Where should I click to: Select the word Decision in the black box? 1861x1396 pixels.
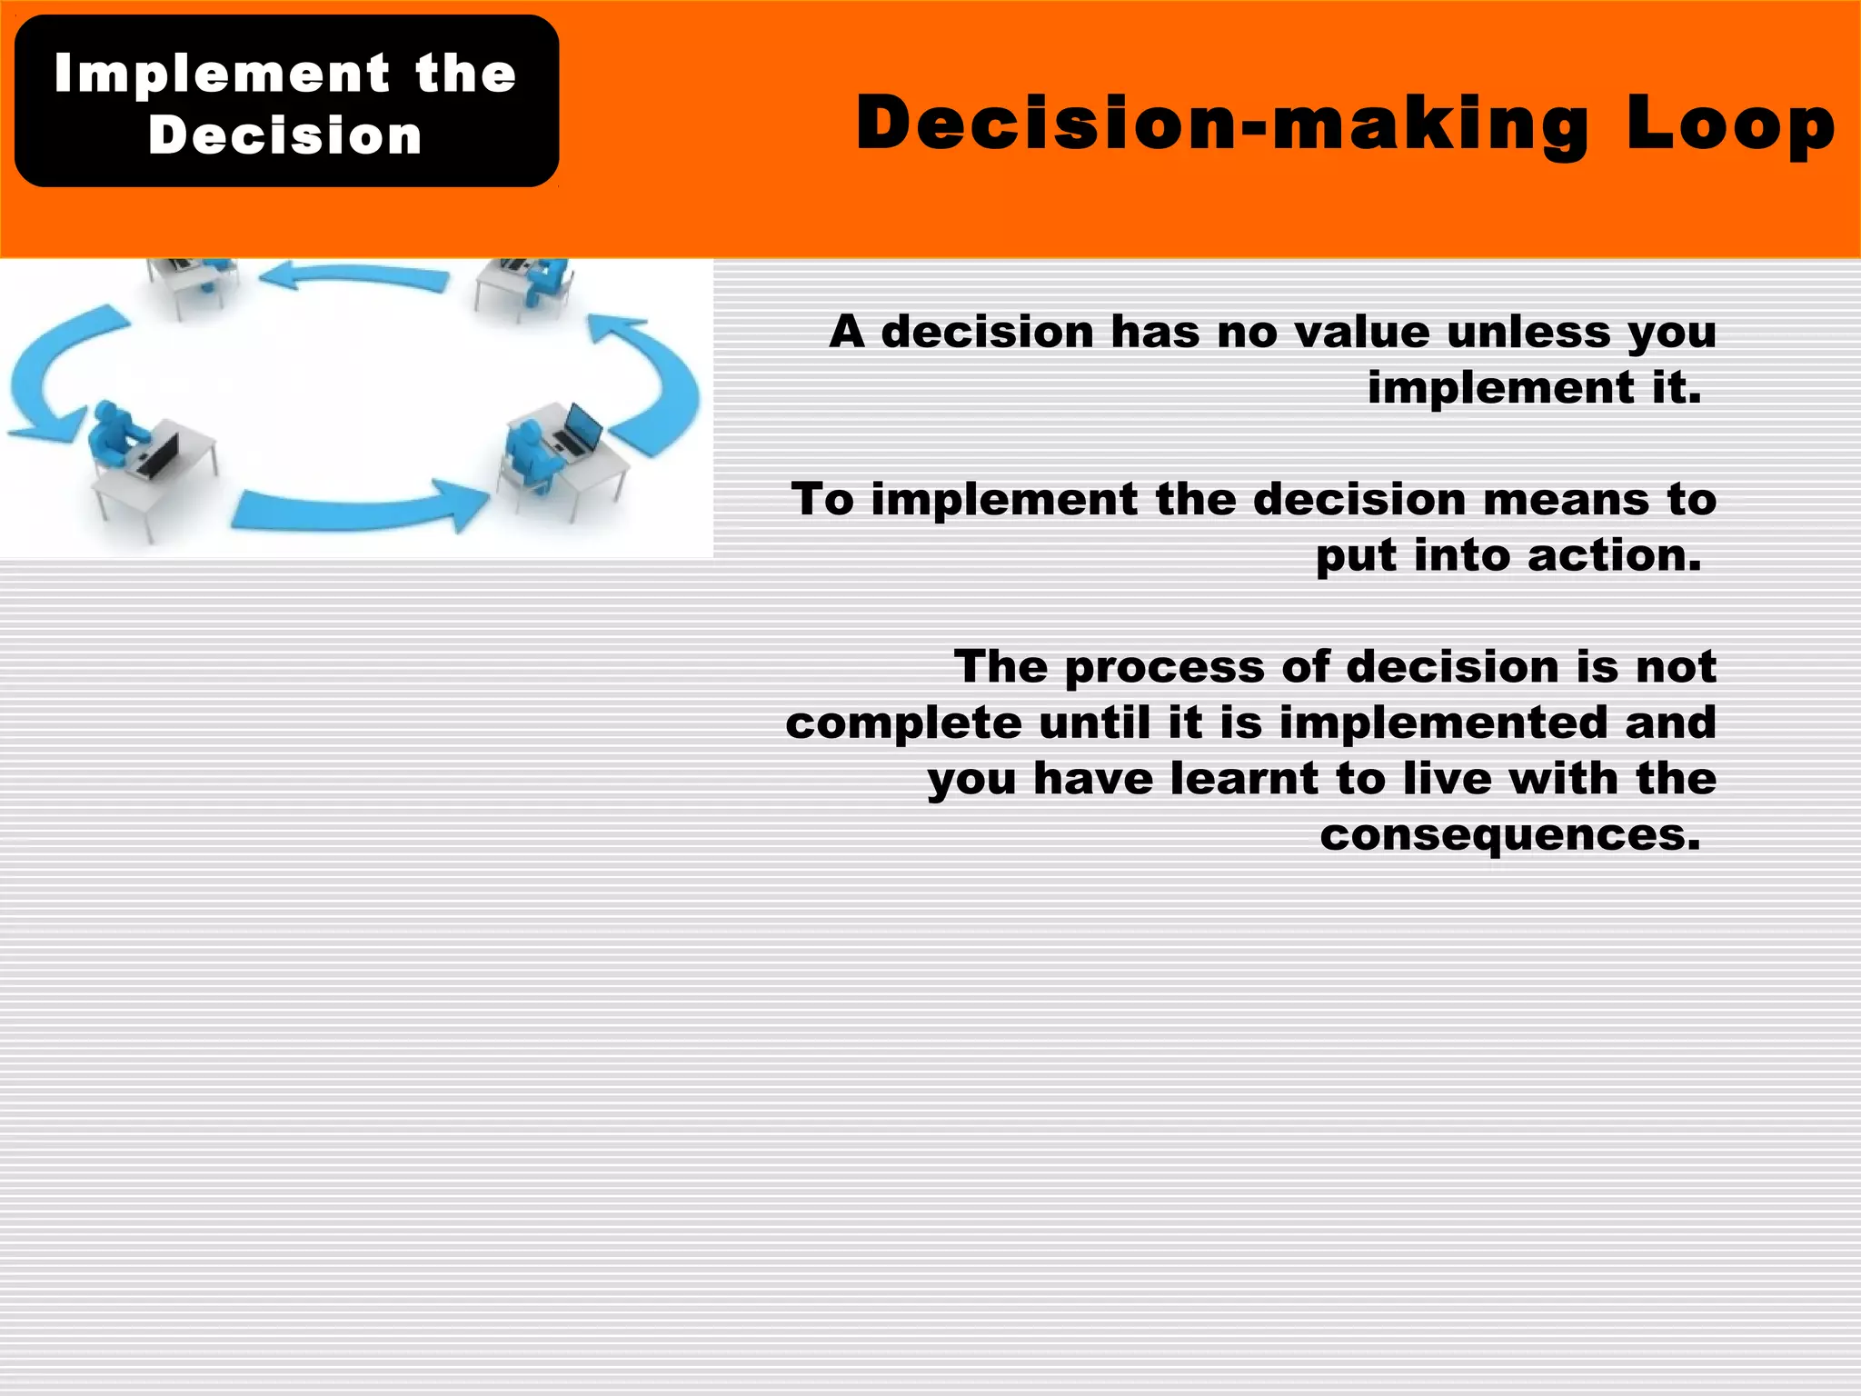pos(285,135)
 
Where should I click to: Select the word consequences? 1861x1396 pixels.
pos(1509,834)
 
